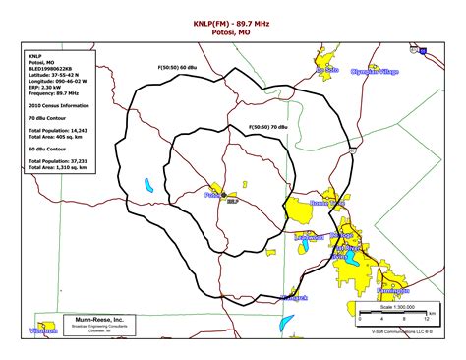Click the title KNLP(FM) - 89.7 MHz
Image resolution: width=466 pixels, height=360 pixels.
(x=233, y=21)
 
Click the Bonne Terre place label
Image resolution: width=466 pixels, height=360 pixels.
(x=327, y=203)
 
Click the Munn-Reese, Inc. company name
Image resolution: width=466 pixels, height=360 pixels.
(x=100, y=320)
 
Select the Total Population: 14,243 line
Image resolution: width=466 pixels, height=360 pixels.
(x=61, y=130)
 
